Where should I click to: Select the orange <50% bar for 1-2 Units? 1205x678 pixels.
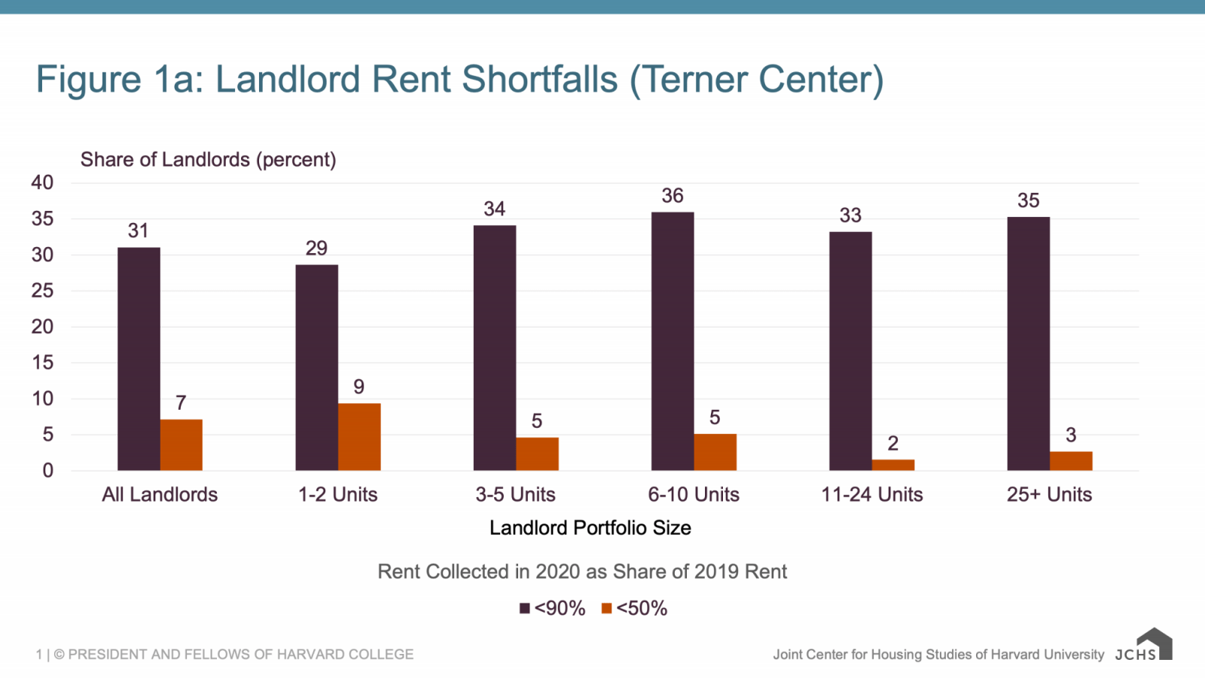[x=359, y=437]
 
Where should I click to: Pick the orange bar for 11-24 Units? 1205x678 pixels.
[x=893, y=465]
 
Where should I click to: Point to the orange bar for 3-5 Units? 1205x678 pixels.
[x=537, y=454]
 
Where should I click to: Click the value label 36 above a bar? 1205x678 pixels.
[x=673, y=196]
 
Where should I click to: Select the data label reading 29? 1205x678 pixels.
[x=316, y=248]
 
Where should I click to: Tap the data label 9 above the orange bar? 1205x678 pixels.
[x=359, y=386]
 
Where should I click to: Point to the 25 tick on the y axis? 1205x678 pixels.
[x=42, y=291]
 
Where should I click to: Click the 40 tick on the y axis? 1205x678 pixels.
[x=42, y=182]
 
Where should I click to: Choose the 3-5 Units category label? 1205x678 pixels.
[x=515, y=494]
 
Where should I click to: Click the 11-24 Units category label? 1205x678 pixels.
[x=871, y=494]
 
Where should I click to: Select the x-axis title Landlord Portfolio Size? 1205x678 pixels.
[x=590, y=527]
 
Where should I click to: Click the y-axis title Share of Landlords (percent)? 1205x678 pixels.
[x=208, y=160]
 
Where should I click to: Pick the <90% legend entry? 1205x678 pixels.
[x=553, y=608]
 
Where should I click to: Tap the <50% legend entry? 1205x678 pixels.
[x=635, y=608]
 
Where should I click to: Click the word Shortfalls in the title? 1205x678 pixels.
[x=539, y=79]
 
